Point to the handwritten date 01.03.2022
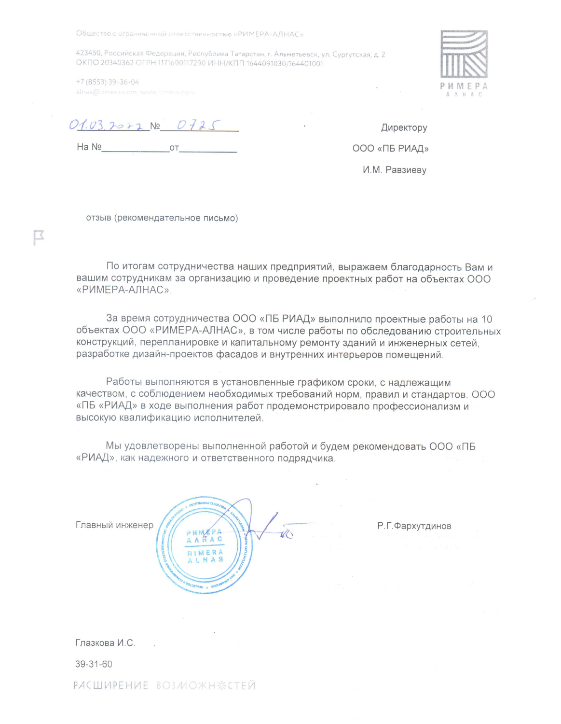[107, 125]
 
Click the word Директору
[404, 128]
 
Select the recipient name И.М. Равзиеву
[395, 170]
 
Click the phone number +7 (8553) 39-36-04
[107, 82]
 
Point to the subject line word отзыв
[98, 218]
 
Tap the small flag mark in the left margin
[38, 237]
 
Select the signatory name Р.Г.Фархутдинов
[414, 526]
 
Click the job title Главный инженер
[114, 525]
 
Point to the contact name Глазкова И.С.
[105, 643]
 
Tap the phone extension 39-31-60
[94, 664]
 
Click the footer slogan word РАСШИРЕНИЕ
[111, 685]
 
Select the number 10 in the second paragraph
[486, 320]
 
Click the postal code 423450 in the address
[88, 54]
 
